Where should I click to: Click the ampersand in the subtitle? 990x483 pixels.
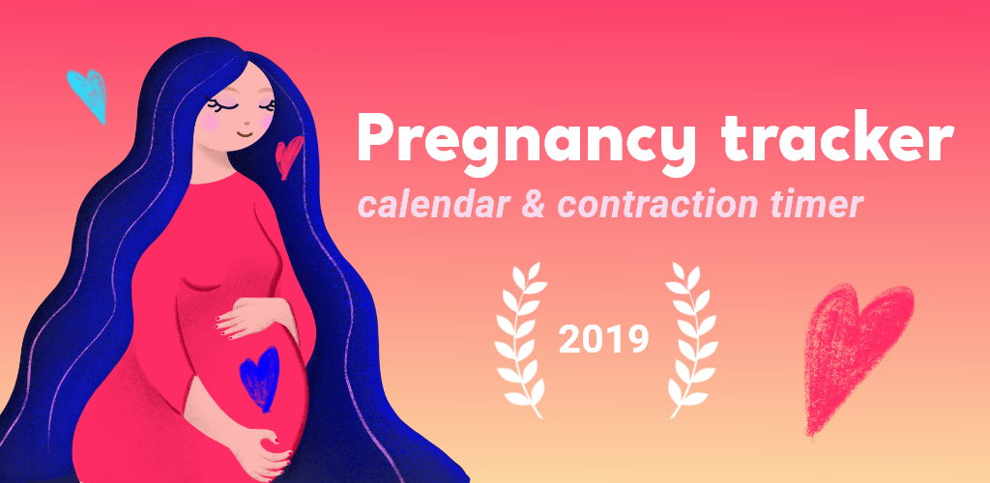point(533,204)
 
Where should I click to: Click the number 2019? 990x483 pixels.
point(603,339)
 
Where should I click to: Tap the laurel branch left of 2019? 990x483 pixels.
point(520,339)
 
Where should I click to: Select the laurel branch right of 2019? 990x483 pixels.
point(691,339)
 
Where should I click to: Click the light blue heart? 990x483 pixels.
point(88,94)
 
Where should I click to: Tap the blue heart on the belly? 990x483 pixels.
point(260,378)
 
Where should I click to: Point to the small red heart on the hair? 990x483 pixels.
point(288,156)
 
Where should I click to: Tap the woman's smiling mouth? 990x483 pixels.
point(244,134)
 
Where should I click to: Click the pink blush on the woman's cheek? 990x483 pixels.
point(211,123)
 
